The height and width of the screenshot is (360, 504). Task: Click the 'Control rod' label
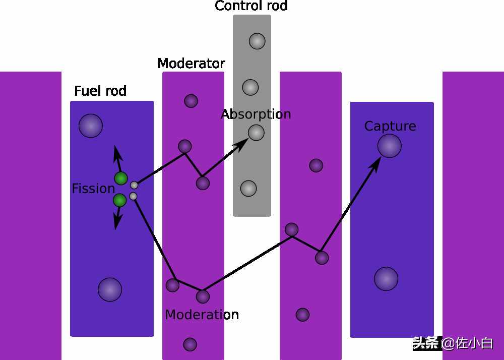point(251,6)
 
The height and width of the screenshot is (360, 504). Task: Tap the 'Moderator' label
point(191,64)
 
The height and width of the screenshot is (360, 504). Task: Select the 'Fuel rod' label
point(100,91)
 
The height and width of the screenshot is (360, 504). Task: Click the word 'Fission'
point(93,189)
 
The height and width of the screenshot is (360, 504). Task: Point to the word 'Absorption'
point(256,114)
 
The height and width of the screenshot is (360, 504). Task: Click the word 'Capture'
point(390,126)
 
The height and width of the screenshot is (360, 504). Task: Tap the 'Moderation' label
point(202,315)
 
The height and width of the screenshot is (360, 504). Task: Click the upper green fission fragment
point(121,178)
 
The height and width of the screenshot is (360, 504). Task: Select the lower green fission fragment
point(119,200)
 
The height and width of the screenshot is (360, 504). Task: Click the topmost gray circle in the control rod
point(257,41)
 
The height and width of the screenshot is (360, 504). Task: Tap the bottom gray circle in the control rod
point(248,188)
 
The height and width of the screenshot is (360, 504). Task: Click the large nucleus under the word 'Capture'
point(390,146)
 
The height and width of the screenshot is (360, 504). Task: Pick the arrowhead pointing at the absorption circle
point(242,143)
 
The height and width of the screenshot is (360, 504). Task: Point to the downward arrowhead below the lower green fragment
point(117,223)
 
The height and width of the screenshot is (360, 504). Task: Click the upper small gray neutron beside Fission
point(134,185)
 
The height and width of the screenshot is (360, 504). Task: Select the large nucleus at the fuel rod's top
point(91,126)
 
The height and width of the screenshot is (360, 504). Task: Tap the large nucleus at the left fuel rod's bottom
point(110,289)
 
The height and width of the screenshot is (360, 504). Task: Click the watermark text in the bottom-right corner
point(453,343)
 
